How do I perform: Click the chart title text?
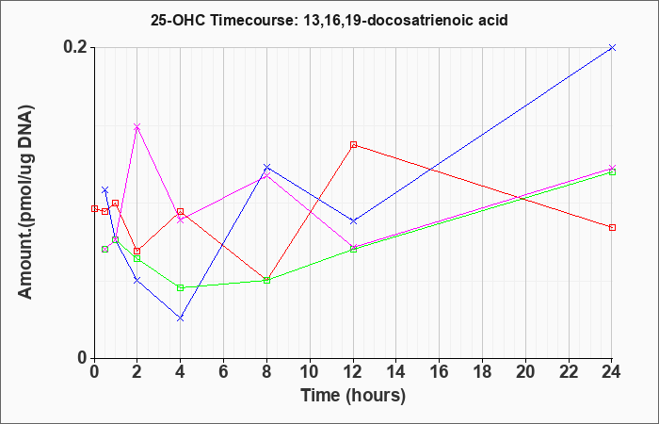[x=329, y=20]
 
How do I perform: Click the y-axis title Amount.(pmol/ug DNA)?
[x=25, y=202]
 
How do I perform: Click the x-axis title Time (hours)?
[x=353, y=396]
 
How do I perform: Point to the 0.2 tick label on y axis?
[x=76, y=47]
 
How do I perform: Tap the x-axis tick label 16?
[x=440, y=372]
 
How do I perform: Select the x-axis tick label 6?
[x=224, y=372]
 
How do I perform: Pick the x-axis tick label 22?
[x=569, y=372]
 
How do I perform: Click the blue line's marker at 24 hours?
[x=612, y=47]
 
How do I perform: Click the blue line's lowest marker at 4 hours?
[x=181, y=318]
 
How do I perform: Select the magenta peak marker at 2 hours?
[x=137, y=126]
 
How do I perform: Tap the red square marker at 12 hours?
[x=353, y=145]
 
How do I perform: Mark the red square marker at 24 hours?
[x=612, y=228]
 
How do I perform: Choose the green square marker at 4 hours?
[x=181, y=287]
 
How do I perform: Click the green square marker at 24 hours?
[x=612, y=171]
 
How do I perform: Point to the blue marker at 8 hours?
[x=266, y=167]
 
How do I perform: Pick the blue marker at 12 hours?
[x=353, y=220]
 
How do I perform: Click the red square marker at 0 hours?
[x=94, y=208]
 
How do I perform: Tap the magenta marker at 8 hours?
[x=266, y=174]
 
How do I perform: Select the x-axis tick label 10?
[x=310, y=372]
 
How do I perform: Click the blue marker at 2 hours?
[x=137, y=280]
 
